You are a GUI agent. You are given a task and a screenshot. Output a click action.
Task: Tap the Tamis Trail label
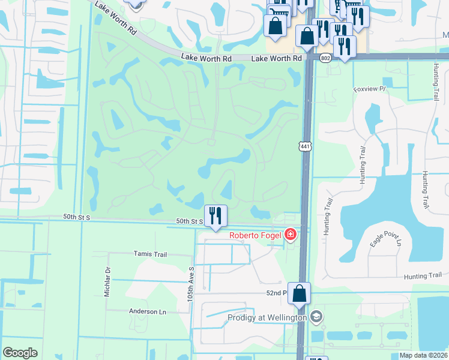150,254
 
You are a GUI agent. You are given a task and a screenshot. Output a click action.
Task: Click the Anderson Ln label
147,312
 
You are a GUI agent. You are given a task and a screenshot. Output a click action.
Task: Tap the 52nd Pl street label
276,293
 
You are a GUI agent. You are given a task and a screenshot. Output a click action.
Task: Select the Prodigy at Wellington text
267,317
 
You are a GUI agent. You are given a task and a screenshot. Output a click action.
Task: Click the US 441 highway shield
305,146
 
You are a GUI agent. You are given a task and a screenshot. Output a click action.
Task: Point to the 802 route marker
325,58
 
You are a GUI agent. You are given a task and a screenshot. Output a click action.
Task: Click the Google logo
20,353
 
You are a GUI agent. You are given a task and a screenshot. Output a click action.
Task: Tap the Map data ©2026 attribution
423,355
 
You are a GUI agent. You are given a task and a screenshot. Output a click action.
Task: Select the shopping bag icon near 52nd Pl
299,293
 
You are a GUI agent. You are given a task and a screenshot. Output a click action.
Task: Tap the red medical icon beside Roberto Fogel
291,234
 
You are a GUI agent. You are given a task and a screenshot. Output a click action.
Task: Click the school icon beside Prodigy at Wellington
316,317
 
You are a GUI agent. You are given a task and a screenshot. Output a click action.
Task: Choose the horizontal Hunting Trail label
423,276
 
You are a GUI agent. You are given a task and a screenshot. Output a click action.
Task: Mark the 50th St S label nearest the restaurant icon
190,221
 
